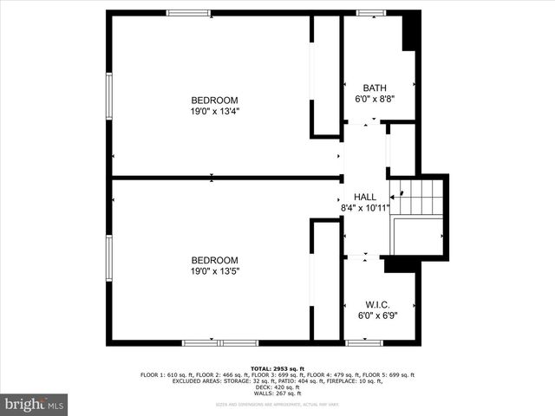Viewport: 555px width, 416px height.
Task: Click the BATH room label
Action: (375, 88)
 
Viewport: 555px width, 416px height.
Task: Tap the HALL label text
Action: (365, 198)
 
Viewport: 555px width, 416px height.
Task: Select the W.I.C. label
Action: (377, 305)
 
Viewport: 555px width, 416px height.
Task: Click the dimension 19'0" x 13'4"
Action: (214, 111)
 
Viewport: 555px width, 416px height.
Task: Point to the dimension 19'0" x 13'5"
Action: (214, 271)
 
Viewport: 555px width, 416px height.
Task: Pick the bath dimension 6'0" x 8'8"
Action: (375, 99)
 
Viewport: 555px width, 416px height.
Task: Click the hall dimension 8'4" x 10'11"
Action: (365, 208)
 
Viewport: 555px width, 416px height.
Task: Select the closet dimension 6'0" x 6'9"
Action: (377, 315)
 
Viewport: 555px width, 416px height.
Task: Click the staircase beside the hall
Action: (419, 198)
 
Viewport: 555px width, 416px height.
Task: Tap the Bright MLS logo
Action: (34, 405)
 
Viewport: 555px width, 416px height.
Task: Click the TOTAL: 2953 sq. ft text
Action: (277, 368)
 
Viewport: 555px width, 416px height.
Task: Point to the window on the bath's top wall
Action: (371, 13)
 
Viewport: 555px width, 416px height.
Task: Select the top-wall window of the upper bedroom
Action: (188, 13)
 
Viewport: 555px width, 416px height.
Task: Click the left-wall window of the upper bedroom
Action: (109, 95)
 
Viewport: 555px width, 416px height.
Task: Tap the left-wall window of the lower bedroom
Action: (109, 257)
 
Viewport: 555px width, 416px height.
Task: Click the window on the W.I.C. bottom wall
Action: (363, 342)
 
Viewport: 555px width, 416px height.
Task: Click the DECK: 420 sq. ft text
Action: (277, 387)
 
